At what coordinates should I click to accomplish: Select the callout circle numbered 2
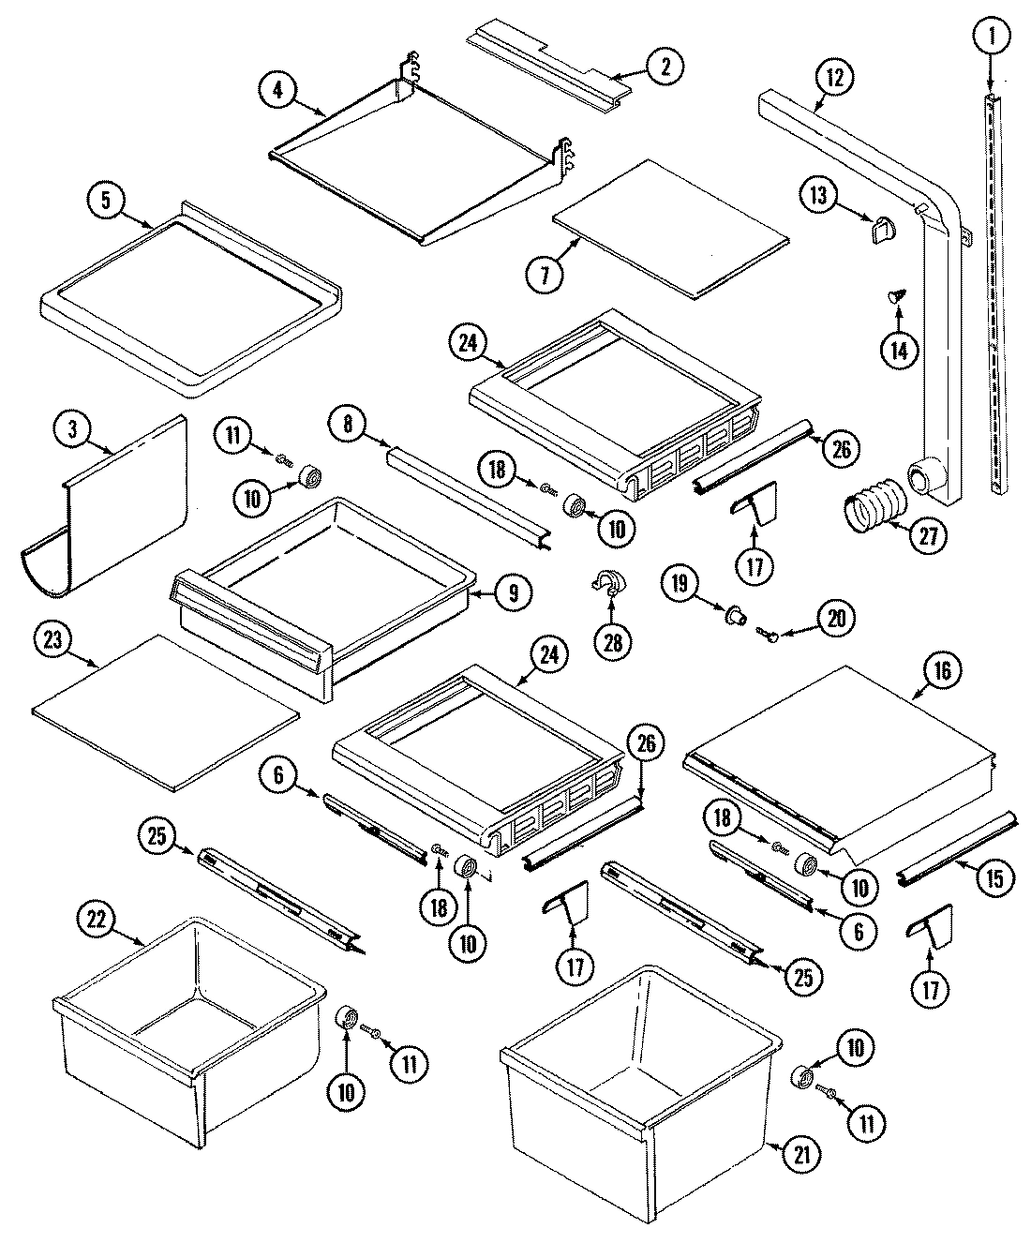tap(665, 66)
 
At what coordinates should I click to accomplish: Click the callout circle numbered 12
tap(834, 78)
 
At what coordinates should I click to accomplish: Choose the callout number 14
tap(898, 349)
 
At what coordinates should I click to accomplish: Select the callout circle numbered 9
tap(514, 592)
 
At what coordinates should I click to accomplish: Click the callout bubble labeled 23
tap(54, 641)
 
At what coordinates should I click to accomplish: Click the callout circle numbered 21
tap(799, 1156)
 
